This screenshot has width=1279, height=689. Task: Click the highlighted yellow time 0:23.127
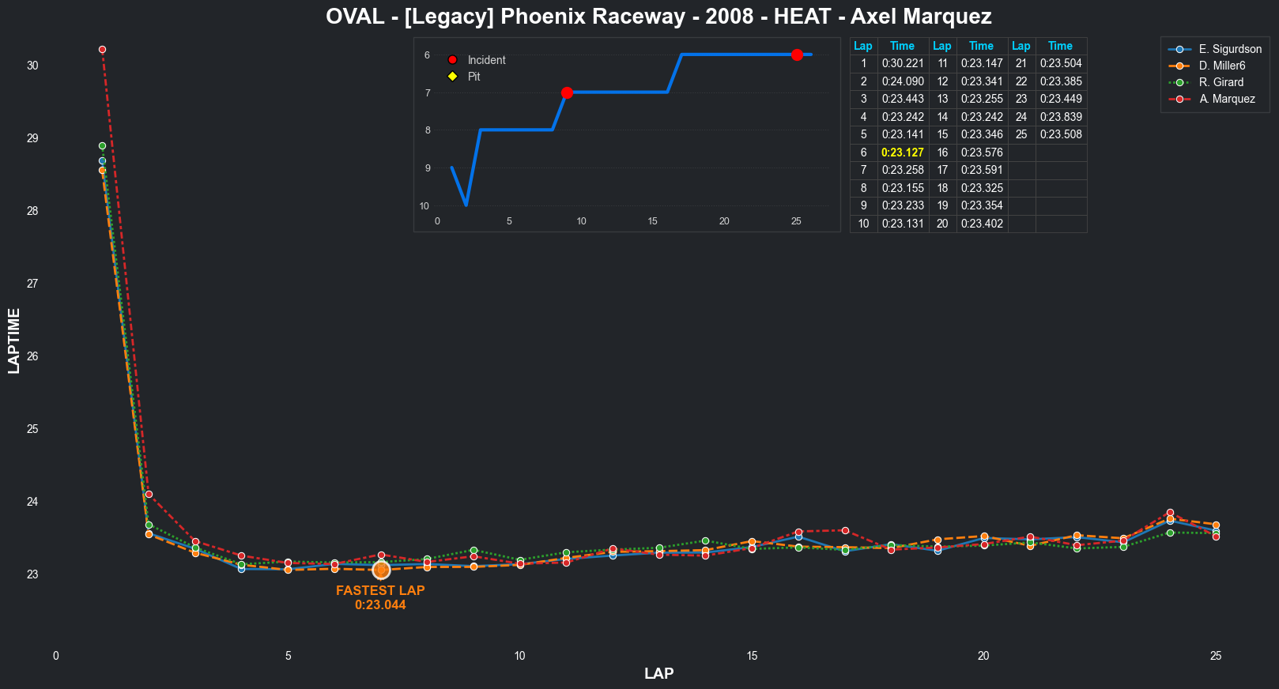point(902,152)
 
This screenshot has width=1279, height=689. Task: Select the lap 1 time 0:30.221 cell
point(902,63)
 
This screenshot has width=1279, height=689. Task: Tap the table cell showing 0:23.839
point(1060,117)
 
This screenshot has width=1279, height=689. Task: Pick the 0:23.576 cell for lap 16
point(981,152)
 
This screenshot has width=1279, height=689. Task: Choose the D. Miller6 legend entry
point(1221,66)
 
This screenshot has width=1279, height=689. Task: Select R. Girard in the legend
point(1221,82)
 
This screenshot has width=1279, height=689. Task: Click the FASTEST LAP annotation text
point(380,591)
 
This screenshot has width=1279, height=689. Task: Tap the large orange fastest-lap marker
point(381,570)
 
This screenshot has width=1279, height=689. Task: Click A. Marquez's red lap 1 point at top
point(102,50)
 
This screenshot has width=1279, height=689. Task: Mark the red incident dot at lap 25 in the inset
point(797,55)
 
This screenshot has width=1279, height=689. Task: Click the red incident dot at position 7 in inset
point(567,92)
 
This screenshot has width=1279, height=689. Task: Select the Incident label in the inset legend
point(486,60)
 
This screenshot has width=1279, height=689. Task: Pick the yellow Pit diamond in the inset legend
point(453,77)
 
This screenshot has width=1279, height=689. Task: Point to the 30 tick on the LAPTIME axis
point(32,66)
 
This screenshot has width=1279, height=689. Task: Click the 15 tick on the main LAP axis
point(752,656)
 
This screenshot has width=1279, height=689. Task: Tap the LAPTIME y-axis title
point(13,341)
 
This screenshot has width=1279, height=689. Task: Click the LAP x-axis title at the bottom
point(658,673)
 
